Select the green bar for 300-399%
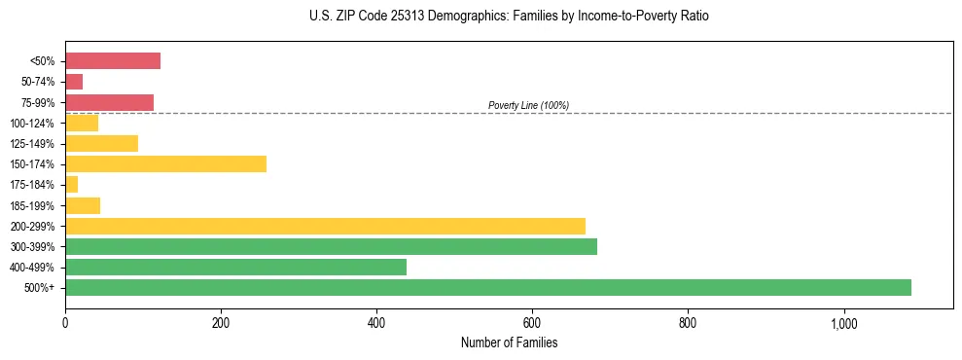click(x=331, y=246)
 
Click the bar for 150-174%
click(x=165, y=163)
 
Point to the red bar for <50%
click(x=113, y=61)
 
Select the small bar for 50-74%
click(x=74, y=82)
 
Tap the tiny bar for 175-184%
click(x=71, y=184)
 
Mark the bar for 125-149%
click(x=101, y=143)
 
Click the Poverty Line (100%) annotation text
click(x=528, y=105)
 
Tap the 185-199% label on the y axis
click(x=32, y=205)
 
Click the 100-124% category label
click(x=32, y=124)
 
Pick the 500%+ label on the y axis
click(x=39, y=288)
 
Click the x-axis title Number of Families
click(x=509, y=342)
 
